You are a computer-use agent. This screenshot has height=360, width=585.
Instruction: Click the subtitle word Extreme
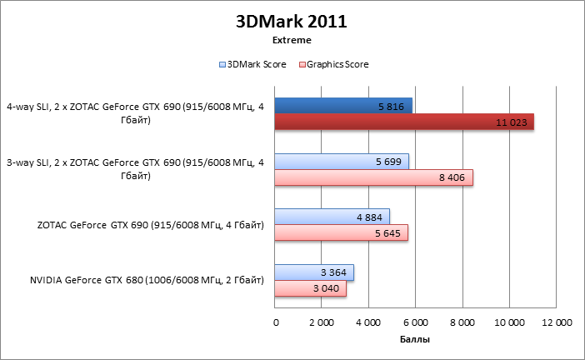click(292, 40)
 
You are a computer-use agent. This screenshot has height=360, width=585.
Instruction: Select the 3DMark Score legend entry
click(253, 64)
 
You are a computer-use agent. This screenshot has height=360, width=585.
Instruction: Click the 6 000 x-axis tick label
click(416, 322)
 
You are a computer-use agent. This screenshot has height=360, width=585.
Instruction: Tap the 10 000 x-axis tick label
click(509, 322)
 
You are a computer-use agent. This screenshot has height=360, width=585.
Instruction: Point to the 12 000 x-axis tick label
click(556, 322)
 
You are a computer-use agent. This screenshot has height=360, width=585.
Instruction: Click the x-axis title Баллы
click(415, 340)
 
